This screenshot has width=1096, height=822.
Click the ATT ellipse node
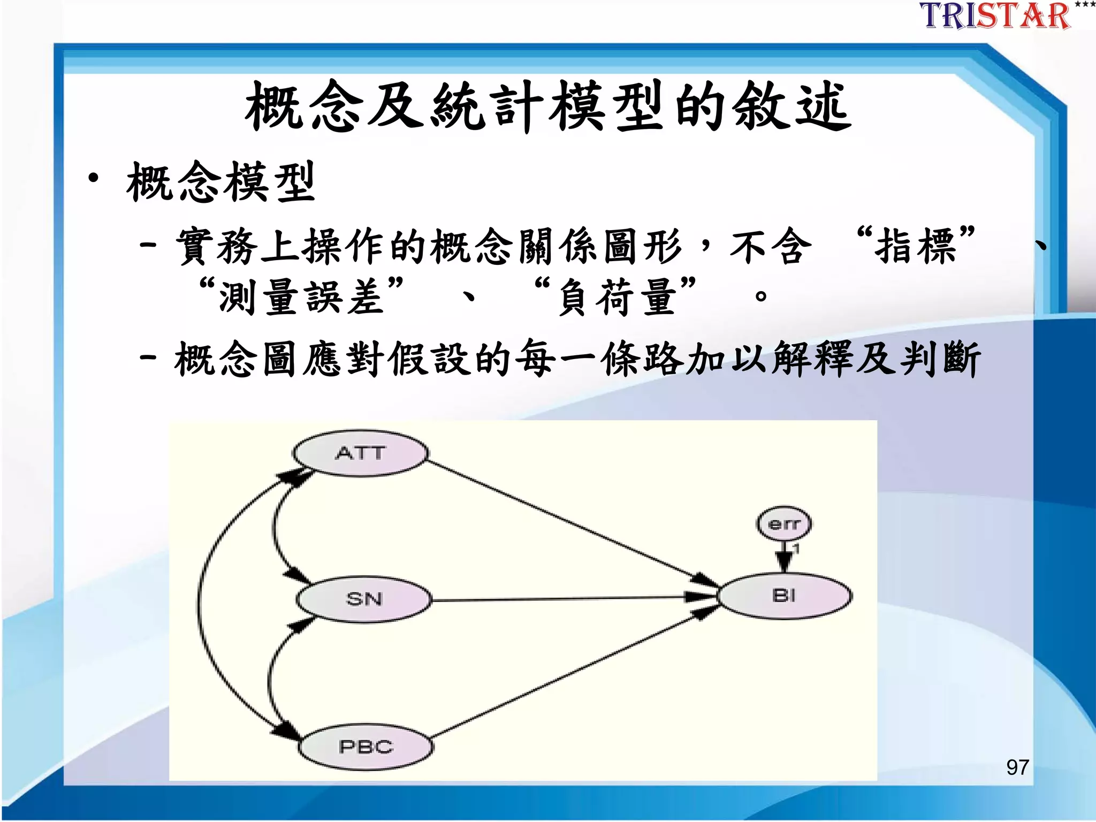tap(360, 453)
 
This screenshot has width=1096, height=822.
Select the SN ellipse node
tap(363, 599)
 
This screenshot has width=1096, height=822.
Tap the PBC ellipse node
tap(365, 747)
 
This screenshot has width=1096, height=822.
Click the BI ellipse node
tap(784, 596)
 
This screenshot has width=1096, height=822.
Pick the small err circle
tap(783, 523)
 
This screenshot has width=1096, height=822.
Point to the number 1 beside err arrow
tap(796, 549)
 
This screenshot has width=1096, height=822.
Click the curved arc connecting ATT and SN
tap(275, 527)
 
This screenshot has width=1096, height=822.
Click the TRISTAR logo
tap(995, 16)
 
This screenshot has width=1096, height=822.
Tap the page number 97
tap(1017, 767)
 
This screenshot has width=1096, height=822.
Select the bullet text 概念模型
tap(220, 182)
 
